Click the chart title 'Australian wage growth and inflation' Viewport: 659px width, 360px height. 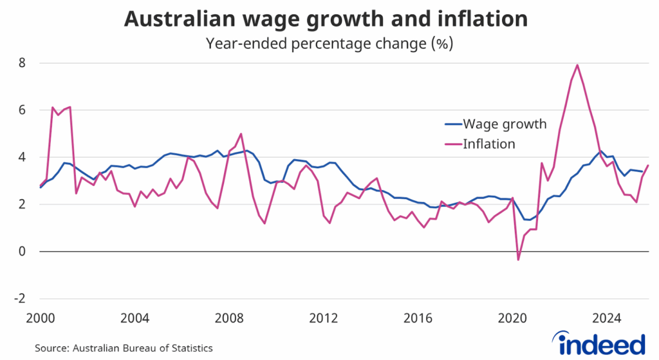click(326, 19)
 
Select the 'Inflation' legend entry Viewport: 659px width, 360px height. click(488, 144)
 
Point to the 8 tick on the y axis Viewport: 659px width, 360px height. click(21, 63)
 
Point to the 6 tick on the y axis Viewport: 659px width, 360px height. click(21, 110)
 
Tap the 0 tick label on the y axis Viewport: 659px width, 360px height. click(21, 252)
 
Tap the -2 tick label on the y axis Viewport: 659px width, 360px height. click(19, 299)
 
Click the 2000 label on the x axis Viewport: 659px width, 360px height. click(40, 317)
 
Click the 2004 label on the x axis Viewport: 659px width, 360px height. click(135, 317)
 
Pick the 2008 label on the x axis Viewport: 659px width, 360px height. click(229, 317)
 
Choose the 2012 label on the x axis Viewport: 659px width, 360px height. click(324, 317)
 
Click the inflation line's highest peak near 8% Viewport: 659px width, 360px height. click(577, 64)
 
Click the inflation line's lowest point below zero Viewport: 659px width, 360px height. click(519, 260)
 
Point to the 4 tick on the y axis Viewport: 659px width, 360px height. click(21, 157)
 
